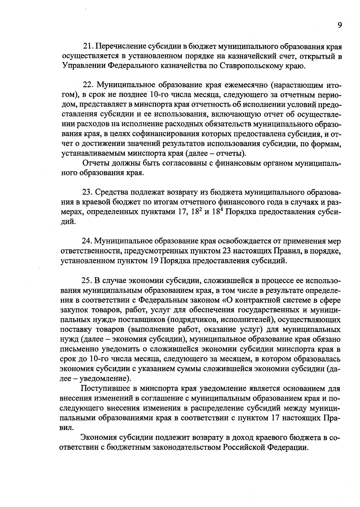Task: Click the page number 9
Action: [340, 25]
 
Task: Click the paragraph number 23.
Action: [88, 192]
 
